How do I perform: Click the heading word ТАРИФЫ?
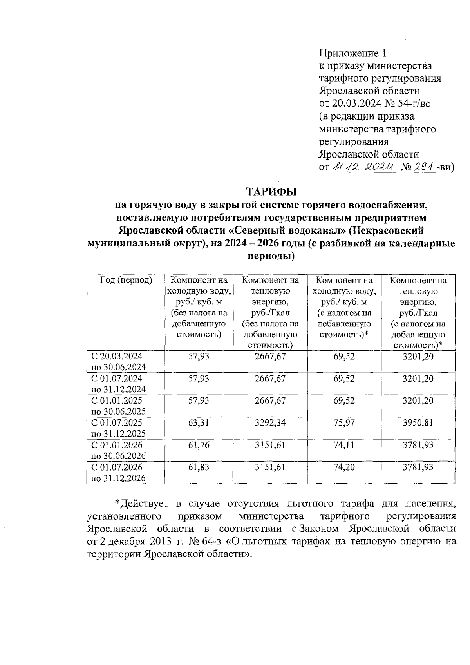coord(271,192)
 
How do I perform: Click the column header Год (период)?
coord(126,280)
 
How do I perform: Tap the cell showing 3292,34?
coord(270,423)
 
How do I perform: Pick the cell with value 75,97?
coord(344,423)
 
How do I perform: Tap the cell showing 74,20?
coord(344,467)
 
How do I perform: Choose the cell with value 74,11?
coord(344,445)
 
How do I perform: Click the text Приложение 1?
coord(353,53)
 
